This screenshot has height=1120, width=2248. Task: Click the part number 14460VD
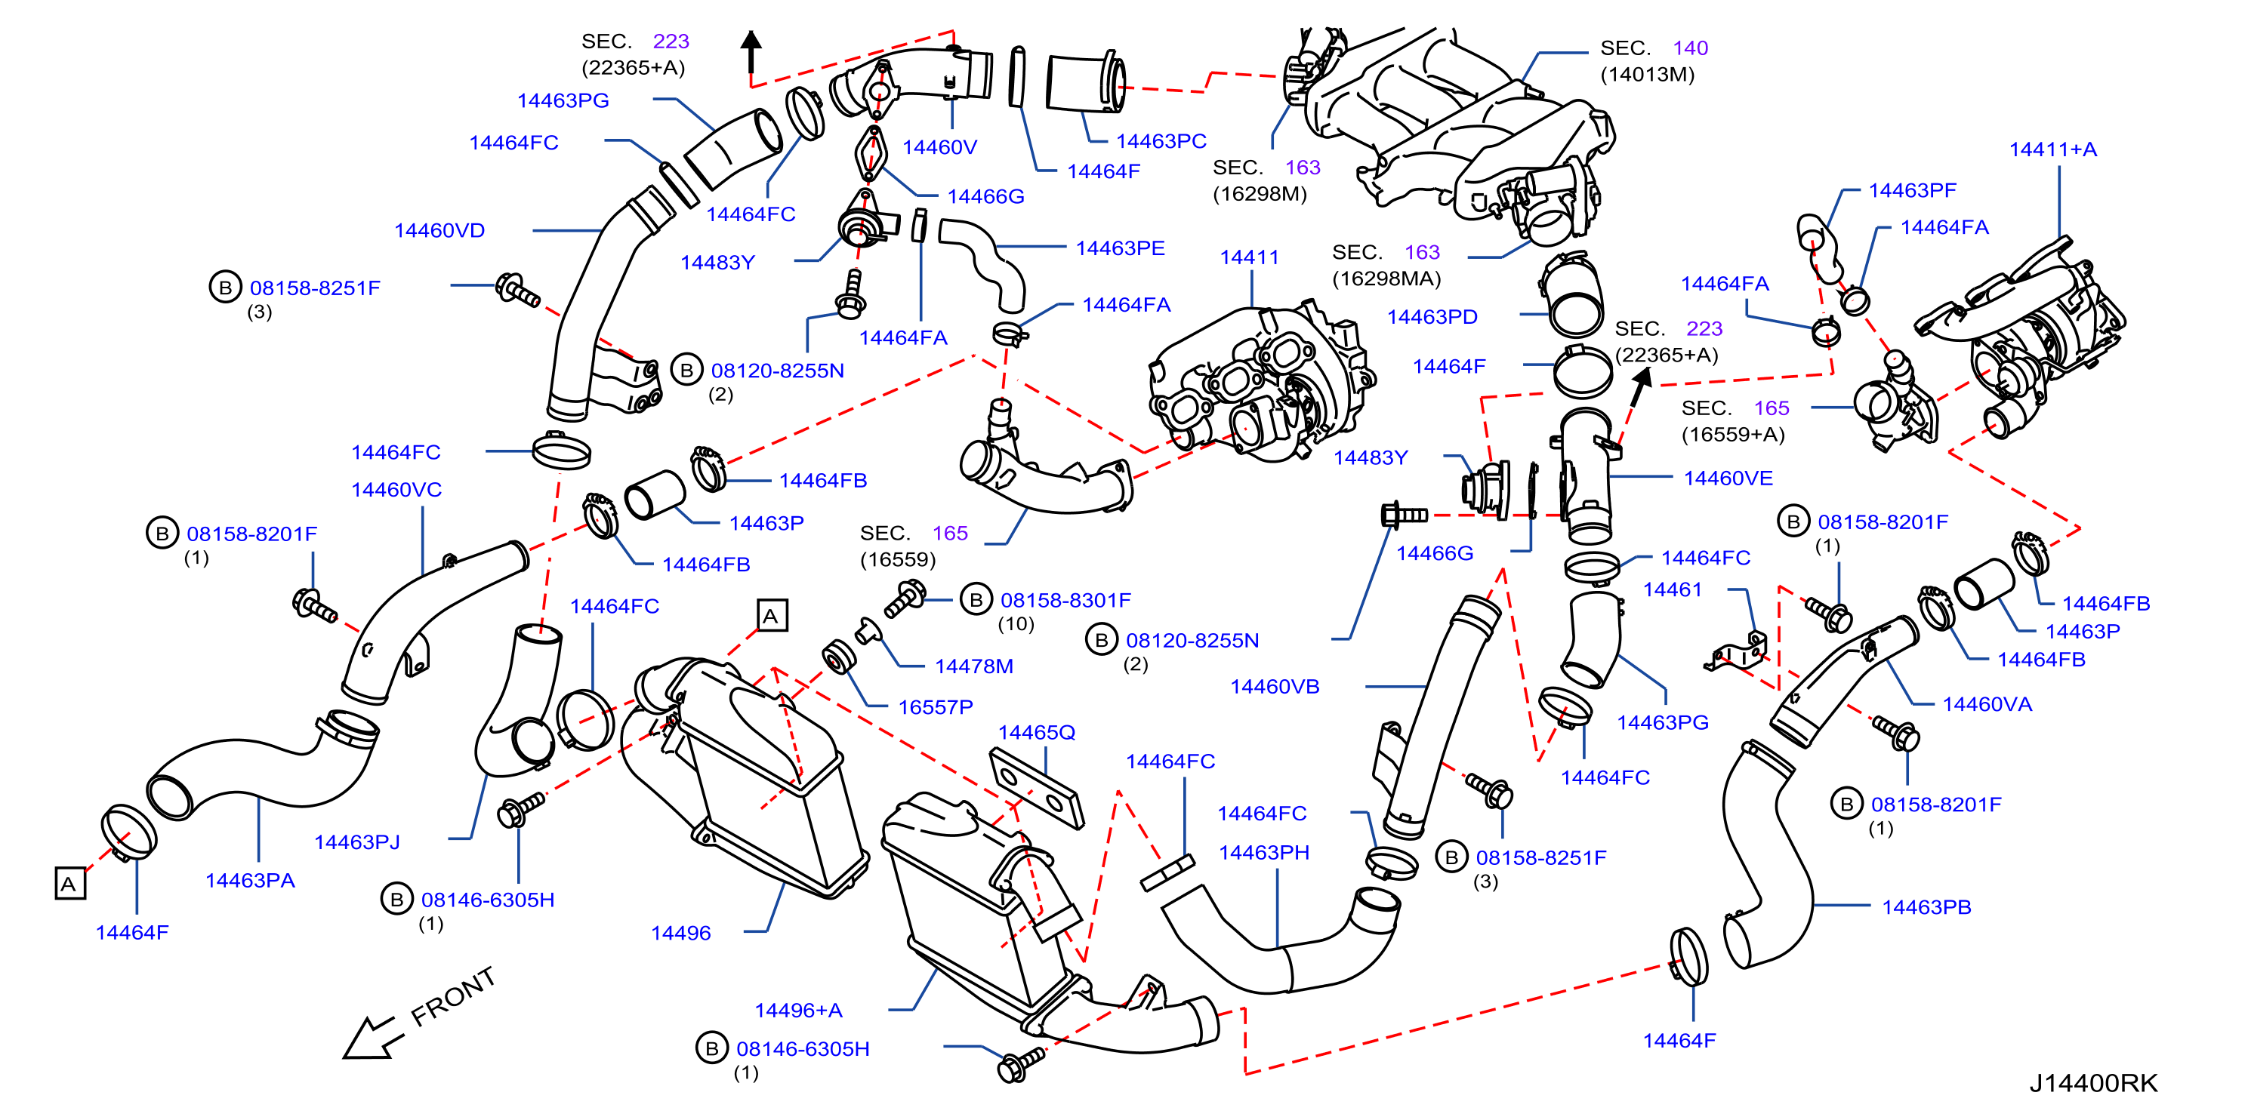[439, 230]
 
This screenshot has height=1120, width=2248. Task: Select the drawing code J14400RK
[2092, 1082]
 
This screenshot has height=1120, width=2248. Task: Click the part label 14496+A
[798, 1010]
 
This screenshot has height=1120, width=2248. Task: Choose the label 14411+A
[2052, 149]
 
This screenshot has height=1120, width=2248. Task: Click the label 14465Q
[1037, 732]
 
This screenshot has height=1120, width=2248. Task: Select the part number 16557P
[936, 706]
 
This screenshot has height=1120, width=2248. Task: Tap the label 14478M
[974, 666]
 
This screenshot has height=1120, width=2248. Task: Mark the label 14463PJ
[357, 842]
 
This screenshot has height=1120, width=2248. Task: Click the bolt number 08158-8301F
[1065, 600]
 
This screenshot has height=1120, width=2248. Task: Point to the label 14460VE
[1728, 478]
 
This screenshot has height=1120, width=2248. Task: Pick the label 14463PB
[1926, 907]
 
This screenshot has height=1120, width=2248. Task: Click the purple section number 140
[1691, 48]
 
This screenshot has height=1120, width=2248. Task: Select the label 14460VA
[1987, 704]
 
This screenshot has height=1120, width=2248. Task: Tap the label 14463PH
[1263, 852]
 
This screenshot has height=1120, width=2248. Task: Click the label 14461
[1672, 589]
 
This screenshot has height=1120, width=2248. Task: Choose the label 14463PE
[1120, 248]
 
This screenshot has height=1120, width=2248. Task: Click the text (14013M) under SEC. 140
[1647, 74]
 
